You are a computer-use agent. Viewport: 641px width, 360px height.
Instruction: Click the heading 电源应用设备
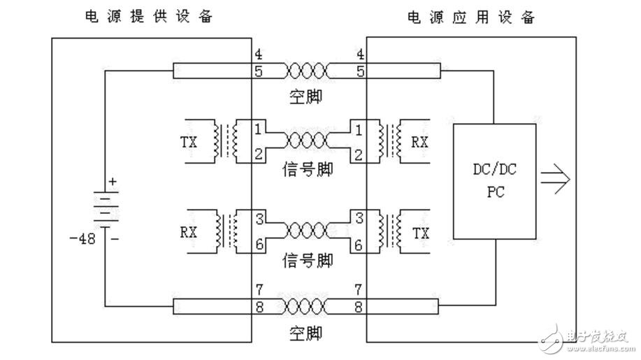[x=473, y=15]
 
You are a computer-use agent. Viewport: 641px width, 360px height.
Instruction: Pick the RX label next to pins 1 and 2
[x=419, y=143]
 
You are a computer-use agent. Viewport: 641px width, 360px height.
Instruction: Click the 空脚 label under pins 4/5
[x=306, y=97]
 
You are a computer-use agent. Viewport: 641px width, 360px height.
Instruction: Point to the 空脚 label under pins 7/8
[x=306, y=333]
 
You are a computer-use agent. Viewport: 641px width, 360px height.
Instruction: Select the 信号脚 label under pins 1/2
[x=308, y=170]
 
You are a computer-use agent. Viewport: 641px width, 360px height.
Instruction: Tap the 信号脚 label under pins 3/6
[x=308, y=261]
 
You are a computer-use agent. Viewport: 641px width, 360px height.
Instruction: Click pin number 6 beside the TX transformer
[x=358, y=245]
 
